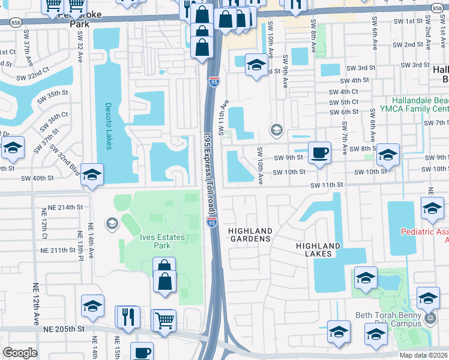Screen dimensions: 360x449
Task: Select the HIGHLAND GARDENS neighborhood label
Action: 250,235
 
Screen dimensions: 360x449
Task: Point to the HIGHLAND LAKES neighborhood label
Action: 318,250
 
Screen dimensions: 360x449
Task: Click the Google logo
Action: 20,353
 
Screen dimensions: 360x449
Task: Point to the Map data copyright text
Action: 423,355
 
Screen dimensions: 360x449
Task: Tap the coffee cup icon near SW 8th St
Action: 319,152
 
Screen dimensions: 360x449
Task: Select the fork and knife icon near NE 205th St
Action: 128,316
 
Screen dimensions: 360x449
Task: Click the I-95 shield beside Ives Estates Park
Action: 213,223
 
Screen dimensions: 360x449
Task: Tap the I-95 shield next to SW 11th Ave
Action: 213,83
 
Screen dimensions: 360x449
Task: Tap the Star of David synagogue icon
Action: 429,317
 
